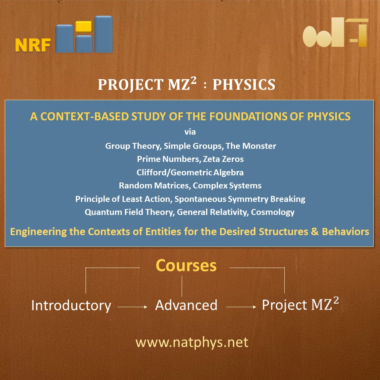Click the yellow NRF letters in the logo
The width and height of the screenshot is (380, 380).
pyautogui.click(x=33, y=45)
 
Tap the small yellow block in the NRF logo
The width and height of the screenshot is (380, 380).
pyautogui.click(x=84, y=27)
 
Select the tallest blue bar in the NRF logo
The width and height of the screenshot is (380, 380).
pyautogui.click(x=103, y=34)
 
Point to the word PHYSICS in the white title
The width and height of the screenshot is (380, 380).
pyautogui.click(x=244, y=85)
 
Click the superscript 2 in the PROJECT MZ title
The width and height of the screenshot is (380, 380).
pyautogui.click(x=193, y=80)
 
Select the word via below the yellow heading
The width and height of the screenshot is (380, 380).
pyautogui.click(x=190, y=132)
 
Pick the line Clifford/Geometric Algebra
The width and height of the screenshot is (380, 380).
pyautogui.click(x=190, y=172)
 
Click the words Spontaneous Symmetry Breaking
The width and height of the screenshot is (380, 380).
pyautogui.click(x=240, y=199)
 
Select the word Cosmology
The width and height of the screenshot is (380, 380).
pyautogui.click(x=273, y=212)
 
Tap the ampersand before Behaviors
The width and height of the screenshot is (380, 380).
pyautogui.click(x=315, y=232)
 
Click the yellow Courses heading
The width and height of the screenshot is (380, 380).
pyautogui.click(x=186, y=265)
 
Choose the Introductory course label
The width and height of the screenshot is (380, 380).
pyautogui.click(x=71, y=305)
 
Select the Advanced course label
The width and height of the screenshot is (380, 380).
pyautogui.click(x=186, y=305)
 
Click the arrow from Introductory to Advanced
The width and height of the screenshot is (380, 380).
pyautogui.click(x=132, y=307)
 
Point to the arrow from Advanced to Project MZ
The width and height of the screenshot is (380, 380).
pyautogui.click(x=241, y=307)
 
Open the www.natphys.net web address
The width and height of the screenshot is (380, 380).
pyautogui.click(x=192, y=342)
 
